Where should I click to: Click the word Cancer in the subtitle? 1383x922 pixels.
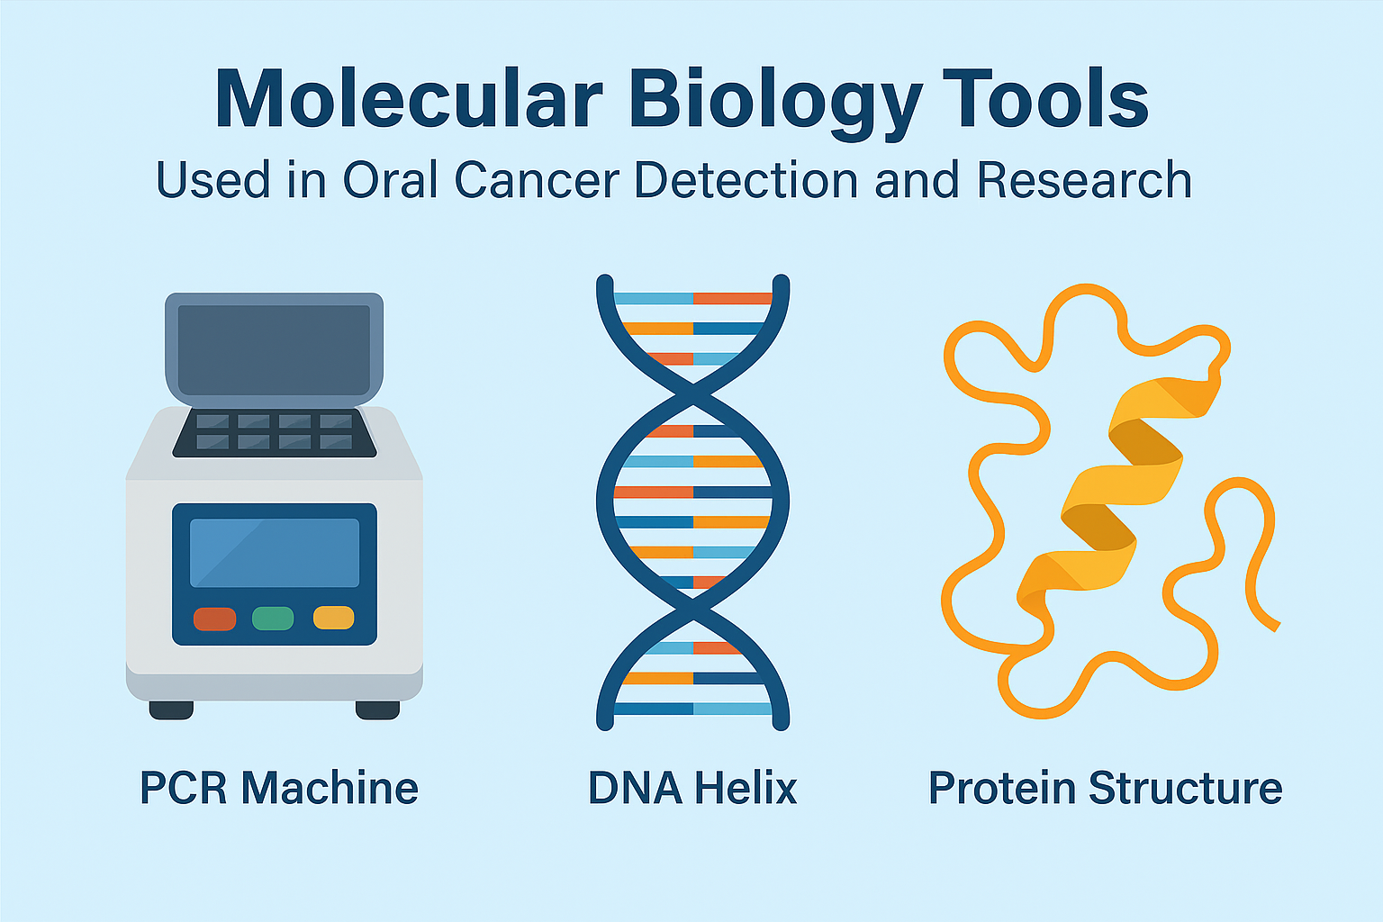[x=537, y=180]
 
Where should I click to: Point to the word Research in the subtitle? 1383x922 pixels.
[x=1084, y=180]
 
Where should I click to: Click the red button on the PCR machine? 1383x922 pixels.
[x=215, y=619]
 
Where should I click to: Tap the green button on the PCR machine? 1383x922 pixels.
[x=273, y=619]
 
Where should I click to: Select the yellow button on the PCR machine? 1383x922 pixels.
[x=333, y=619]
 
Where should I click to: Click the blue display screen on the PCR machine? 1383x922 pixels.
[x=275, y=553]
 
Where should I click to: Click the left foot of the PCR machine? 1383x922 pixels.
[x=171, y=710]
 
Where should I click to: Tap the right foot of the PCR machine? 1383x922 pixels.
[x=377, y=710]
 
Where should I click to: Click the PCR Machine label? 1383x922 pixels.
[x=279, y=788]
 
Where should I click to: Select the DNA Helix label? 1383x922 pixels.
[x=692, y=788]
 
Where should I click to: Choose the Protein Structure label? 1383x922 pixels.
[x=1105, y=788]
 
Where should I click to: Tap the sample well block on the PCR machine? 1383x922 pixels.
[x=275, y=432]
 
